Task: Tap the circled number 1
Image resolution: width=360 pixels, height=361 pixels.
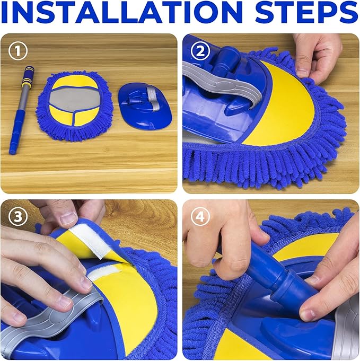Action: coord(17,51)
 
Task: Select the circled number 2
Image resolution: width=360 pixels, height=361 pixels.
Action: coord(200,51)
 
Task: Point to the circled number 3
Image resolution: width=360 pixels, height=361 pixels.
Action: coord(17,216)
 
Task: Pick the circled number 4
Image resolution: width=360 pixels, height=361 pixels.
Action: coord(200,216)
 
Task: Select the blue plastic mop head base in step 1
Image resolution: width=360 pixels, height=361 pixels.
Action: coord(145,107)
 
